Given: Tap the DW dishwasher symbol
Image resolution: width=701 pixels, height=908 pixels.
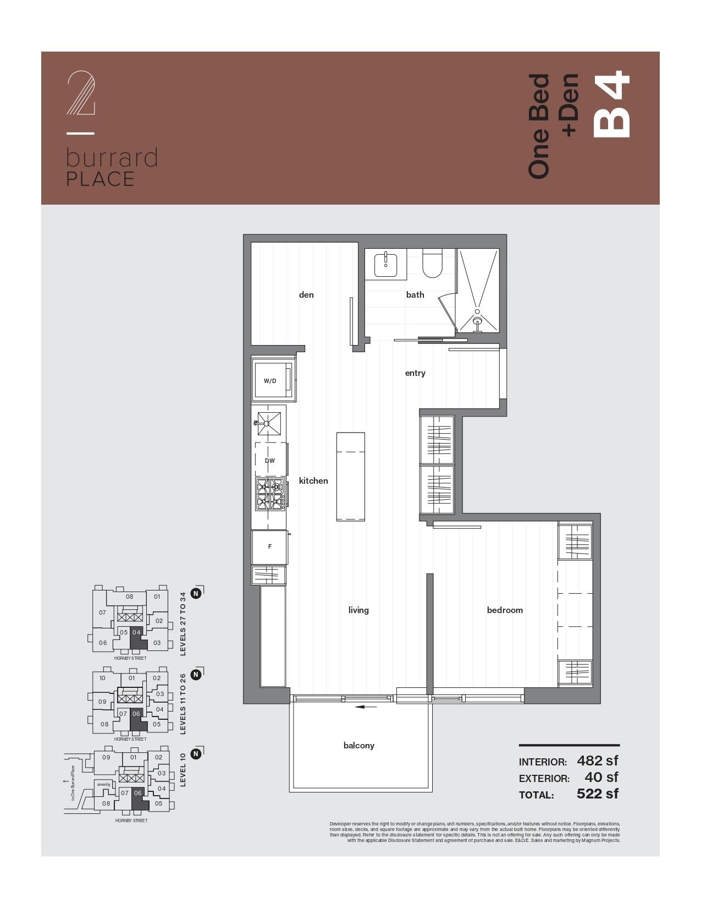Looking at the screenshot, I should click(x=270, y=461).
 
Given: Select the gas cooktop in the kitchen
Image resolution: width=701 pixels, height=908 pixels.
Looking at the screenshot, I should click(x=270, y=494).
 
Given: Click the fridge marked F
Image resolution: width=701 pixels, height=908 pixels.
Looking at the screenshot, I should click(x=269, y=546).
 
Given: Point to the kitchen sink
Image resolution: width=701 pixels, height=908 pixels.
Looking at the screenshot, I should click(x=269, y=423).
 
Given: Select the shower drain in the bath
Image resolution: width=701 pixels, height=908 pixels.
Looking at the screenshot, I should click(x=477, y=320).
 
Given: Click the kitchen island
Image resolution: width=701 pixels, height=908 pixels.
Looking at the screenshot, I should click(x=351, y=476).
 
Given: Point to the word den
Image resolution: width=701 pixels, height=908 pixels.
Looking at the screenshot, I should click(x=306, y=295).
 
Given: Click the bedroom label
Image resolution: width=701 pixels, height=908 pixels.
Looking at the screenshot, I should click(x=505, y=610).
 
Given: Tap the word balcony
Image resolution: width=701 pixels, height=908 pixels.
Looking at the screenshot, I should click(x=358, y=746).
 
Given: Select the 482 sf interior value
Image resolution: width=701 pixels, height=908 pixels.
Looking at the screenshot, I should click(x=597, y=761).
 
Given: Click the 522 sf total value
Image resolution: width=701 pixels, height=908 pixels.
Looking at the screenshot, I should click(x=597, y=794).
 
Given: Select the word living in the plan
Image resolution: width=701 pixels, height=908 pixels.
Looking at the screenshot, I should click(x=358, y=610).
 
